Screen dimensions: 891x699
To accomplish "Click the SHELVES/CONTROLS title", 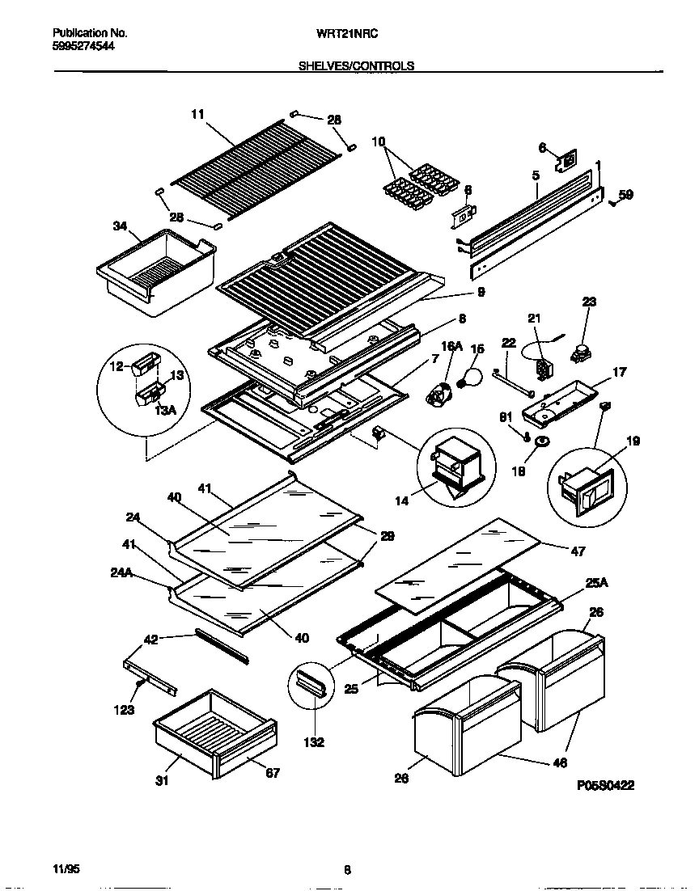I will coord(357,66).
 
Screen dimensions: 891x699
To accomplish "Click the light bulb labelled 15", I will coord(470,375).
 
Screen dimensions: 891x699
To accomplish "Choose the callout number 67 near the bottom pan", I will coord(273,773).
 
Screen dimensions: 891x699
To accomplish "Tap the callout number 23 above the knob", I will coord(589,302).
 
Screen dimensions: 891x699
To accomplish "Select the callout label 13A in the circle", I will coord(163,410).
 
